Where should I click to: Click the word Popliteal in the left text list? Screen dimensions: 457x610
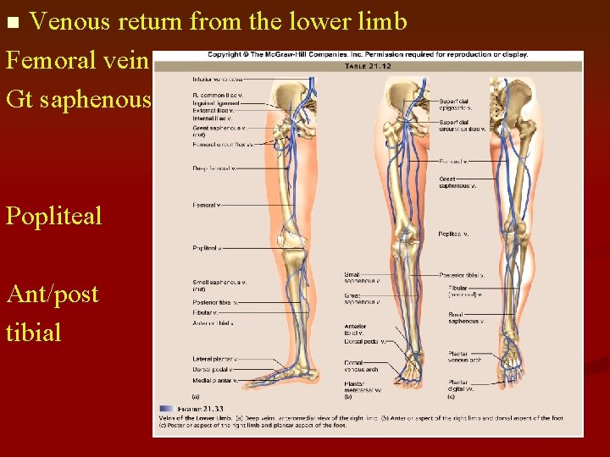tap(53, 216)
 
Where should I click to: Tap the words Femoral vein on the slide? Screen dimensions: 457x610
tap(77, 61)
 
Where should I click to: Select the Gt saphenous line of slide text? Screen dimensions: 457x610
tap(77, 100)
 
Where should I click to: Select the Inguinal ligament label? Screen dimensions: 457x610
tap(213, 103)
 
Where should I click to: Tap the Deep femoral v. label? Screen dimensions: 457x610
tap(213, 168)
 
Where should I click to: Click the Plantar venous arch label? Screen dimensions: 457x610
tap(465, 356)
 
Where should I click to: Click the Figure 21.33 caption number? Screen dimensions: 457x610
tap(192, 408)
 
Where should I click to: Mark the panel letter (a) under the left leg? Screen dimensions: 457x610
tap(196, 395)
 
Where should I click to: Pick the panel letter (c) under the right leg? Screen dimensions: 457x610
tap(452, 395)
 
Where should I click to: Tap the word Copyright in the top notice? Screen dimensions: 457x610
tap(224, 55)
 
